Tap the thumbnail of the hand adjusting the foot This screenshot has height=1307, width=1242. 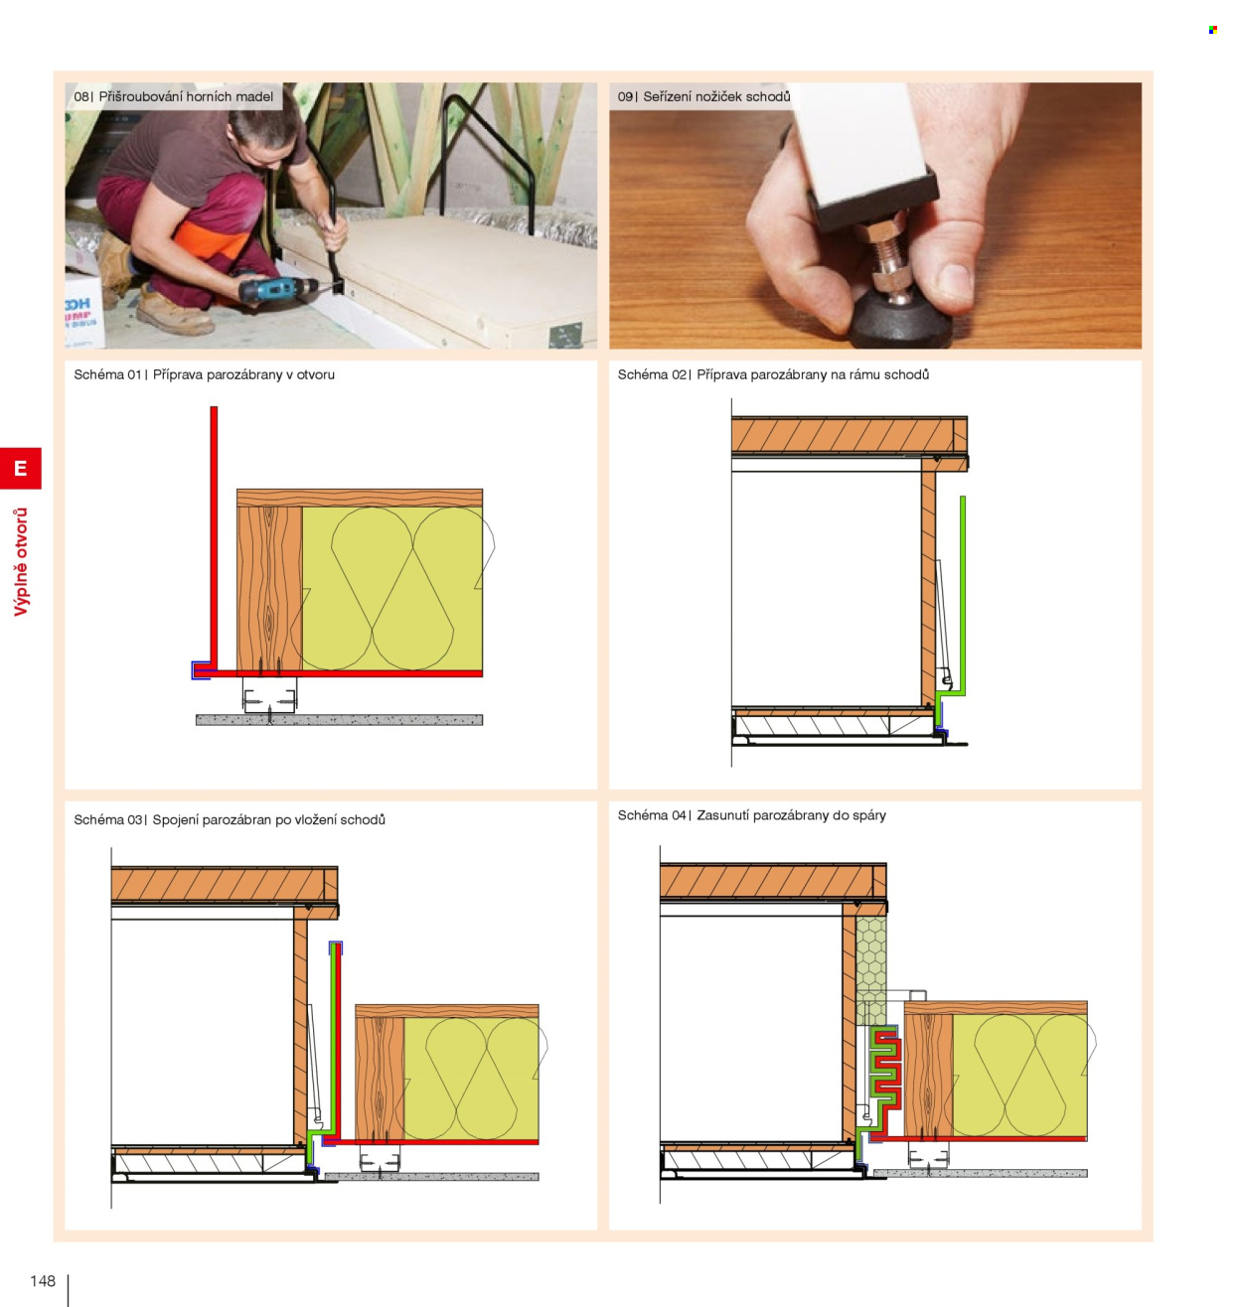(874, 215)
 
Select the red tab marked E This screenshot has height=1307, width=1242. (21, 468)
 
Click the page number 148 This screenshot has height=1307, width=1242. (43, 1280)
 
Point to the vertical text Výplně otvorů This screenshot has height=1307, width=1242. (21, 562)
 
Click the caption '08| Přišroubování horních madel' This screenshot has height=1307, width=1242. (173, 96)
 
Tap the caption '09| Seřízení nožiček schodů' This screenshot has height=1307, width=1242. (703, 96)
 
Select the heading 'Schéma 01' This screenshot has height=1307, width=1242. (107, 374)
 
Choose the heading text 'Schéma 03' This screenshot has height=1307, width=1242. (107, 819)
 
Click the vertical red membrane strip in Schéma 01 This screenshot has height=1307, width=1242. (214, 538)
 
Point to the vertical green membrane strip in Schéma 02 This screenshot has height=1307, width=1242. (962, 594)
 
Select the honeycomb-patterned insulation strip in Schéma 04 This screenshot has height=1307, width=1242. (870, 970)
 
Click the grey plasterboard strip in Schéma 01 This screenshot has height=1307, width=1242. (339, 720)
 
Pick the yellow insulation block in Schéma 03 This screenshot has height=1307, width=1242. (471, 1078)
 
